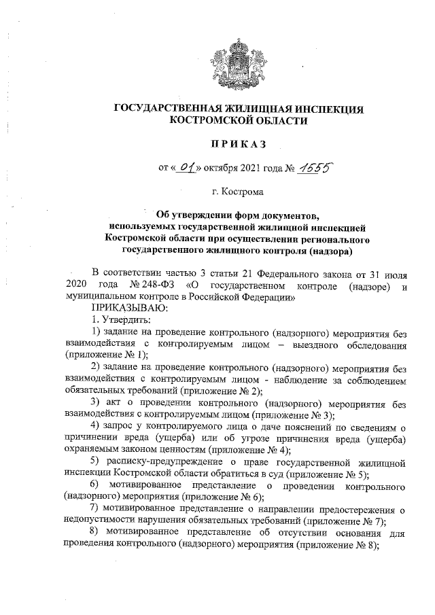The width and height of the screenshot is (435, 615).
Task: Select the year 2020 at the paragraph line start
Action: pos(76,284)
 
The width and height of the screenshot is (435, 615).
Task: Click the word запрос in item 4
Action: pos(121,426)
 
